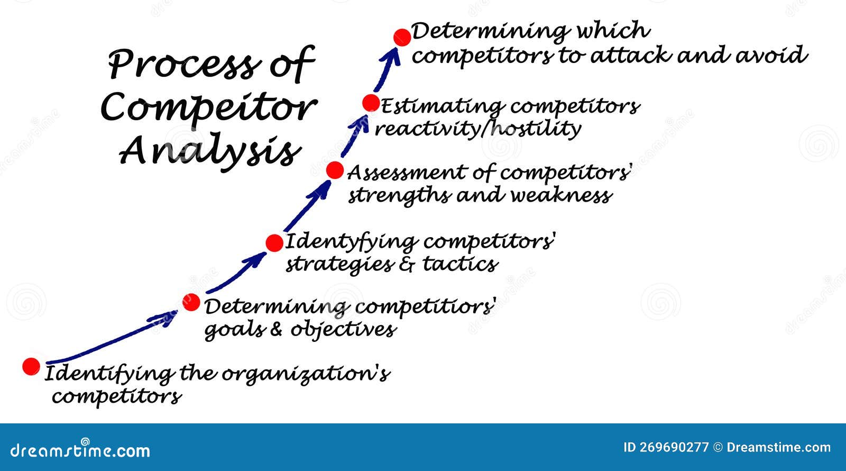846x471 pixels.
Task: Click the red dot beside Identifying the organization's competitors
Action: pos(31,366)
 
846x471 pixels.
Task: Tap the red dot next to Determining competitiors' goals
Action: pos(191,302)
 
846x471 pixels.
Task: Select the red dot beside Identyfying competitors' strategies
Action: pos(274,243)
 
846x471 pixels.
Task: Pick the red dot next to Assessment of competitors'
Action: pos(335,170)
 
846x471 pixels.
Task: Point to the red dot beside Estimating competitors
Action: pos(371,103)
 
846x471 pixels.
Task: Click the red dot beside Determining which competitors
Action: pos(402,37)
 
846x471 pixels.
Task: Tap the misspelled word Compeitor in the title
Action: pos(208,108)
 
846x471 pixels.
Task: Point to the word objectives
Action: pos(343,330)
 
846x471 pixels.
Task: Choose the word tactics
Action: pos(460,264)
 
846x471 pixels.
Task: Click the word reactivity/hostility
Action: pos(478,129)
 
